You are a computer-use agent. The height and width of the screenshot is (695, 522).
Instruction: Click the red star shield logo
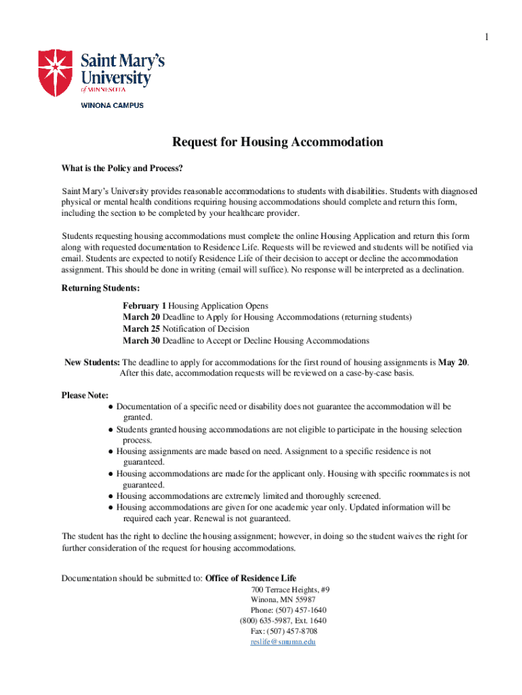click(55, 73)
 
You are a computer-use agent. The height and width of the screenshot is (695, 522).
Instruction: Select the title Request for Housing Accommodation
click(277, 142)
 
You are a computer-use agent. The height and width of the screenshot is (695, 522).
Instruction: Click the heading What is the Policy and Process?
click(122, 168)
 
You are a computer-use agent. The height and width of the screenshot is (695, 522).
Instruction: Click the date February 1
click(144, 306)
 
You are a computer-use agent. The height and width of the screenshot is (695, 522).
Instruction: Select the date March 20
click(141, 318)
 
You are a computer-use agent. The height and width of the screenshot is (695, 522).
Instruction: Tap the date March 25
click(141, 329)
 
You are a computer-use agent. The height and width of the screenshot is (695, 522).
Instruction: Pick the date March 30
click(141, 341)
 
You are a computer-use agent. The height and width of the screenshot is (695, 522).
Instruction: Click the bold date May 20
click(452, 362)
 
